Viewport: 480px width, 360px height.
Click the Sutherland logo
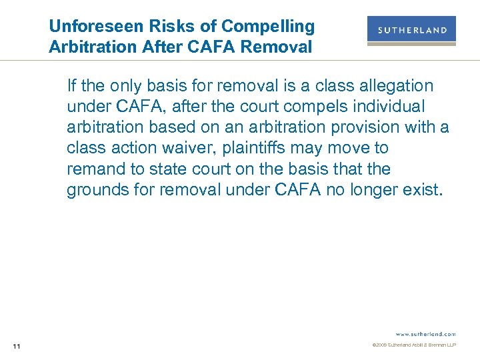pos(411,31)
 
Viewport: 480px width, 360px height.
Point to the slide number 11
pos(17,345)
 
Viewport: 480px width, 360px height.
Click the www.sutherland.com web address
pos(425,333)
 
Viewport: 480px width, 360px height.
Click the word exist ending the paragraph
pos(423,190)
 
